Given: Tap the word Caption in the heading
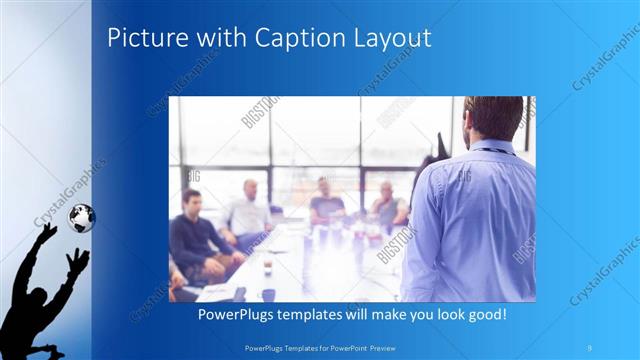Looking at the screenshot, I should [x=295, y=38].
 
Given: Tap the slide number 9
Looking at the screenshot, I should [x=590, y=346].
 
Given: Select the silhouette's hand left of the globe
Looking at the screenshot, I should [x=47, y=232].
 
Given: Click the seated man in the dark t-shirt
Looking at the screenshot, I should [x=325, y=201].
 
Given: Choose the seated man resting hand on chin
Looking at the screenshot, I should [x=388, y=205].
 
